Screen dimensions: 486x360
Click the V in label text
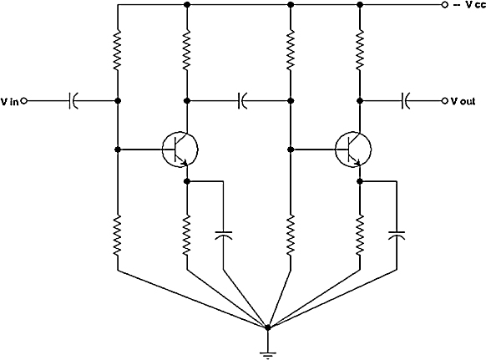pyautogui.click(x=10, y=101)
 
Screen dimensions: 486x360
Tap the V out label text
pyautogui.click(x=463, y=101)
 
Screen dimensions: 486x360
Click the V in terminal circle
pyautogui.click(x=24, y=101)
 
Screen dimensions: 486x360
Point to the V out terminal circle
pyautogui.click(x=445, y=101)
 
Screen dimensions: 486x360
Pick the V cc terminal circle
pyautogui.click(x=445, y=5)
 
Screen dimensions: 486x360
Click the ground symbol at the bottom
pyautogui.click(x=267, y=354)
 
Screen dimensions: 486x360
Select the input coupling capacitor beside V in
pyautogui.click(x=73, y=101)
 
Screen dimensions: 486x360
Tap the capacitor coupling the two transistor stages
pyautogui.click(x=243, y=101)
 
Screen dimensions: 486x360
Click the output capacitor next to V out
pyautogui.click(x=405, y=101)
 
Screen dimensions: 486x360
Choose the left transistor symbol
pyautogui.click(x=180, y=150)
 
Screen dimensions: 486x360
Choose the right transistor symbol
pyautogui.click(x=353, y=150)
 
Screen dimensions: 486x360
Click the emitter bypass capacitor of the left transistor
pyautogui.click(x=224, y=236)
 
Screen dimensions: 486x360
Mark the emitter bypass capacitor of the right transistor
pyautogui.click(x=397, y=236)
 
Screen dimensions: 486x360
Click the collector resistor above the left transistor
pyautogui.click(x=186, y=50)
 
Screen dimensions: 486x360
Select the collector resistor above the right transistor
pyautogui.click(x=360, y=50)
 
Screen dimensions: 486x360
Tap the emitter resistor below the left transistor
pyautogui.click(x=186, y=236)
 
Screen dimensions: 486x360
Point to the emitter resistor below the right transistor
pyautogui.click(x=360, y=236)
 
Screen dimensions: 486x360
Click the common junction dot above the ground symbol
pyautogui.click(x=268, y=327)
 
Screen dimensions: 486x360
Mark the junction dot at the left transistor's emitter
pyautogui.click(x=186, y=181)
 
